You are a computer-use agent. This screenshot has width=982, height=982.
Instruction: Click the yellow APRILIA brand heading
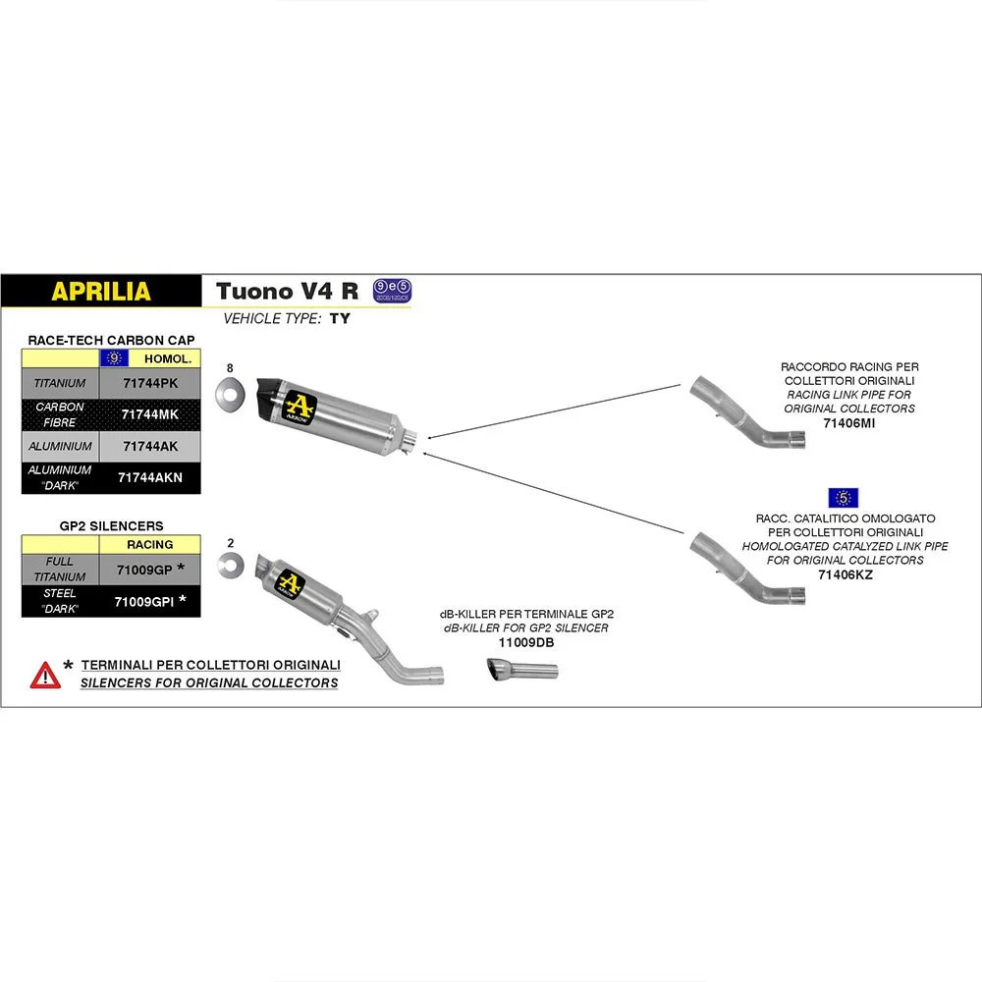tap(101, 292)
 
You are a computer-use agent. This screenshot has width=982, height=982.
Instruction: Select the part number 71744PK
tap(149, 383)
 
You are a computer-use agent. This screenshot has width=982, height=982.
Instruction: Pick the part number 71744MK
tap(149, 414)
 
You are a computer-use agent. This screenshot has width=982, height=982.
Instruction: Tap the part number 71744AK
tap(149, 446)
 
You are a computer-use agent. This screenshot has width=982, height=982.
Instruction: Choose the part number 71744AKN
tap(149, 477)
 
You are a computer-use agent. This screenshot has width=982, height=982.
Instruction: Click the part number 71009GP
tap(143, 569)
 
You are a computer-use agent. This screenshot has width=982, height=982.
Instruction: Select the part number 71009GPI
tap(143, 600)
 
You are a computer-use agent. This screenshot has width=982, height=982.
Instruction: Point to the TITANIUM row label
tap(60, 383)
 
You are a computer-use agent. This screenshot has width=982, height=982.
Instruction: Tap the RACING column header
tap(149, 544)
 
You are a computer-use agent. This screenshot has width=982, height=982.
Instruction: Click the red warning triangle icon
tap(45, 674)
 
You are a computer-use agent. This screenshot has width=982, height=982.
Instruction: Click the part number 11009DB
tap(525, 642)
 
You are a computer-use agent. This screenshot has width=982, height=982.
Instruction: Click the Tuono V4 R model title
tap(287, 292)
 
